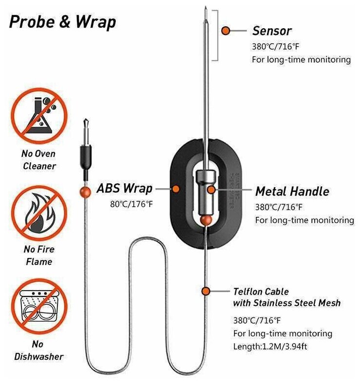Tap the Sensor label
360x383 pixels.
point(271,31)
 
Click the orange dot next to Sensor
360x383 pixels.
point(226,31)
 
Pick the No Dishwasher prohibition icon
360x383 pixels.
point(38,307)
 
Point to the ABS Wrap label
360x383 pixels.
point(125,188)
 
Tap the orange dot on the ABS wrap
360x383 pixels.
point(176,188)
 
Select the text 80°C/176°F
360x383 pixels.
point(131,204)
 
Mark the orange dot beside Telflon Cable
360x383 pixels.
point(206,291)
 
